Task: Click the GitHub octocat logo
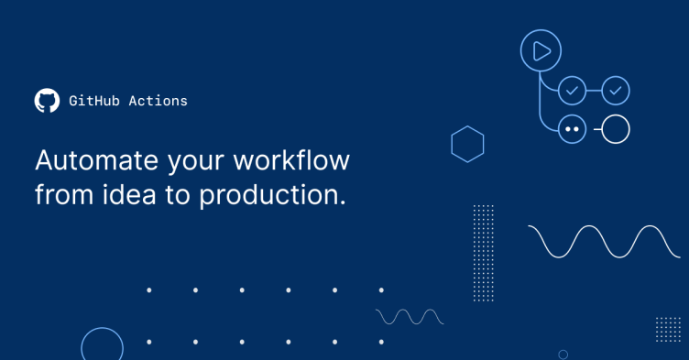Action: [x=47, y=101]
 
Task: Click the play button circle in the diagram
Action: [x=541, y=51]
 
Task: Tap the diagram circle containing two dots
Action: [x=573, y=129]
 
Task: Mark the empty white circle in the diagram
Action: [x=616, y=129]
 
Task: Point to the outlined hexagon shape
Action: [x=467, y=144]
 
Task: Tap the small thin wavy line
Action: [x=410, y=316]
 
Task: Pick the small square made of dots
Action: [x=668, y=329]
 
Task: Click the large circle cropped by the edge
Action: [x=102, y=345]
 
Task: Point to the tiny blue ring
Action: [x=563, y=354]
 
